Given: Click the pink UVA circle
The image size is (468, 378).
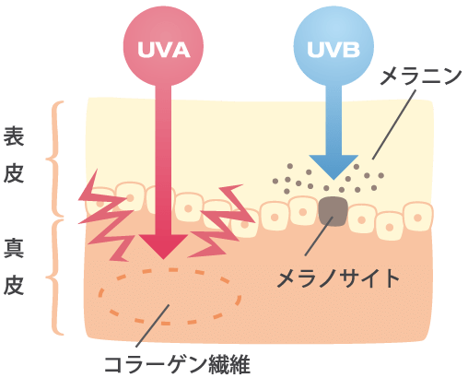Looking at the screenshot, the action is click(x=163, y=46).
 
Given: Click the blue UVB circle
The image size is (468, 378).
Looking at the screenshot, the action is click(x=333, y=46).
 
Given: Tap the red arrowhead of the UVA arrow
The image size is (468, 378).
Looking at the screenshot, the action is click(x=163, y=246).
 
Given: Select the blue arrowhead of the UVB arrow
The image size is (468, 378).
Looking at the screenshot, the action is click(x=333, y=167).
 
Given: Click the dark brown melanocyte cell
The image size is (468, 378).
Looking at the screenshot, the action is click(x=333, y=212).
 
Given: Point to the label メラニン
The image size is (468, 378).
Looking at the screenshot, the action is click(x=421, y=77).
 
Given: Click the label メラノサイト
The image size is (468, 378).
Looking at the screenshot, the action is click(x=338, y=278).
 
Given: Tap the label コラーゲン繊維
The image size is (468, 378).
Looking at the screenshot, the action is click(x=177, y=365).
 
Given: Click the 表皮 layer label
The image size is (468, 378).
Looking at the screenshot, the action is click(x=14, y=155).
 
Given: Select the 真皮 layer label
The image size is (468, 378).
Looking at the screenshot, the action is click(x=14, y=267).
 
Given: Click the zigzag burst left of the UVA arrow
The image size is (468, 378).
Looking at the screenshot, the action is click(x=106, y=215).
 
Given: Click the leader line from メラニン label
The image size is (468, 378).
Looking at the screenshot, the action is click(x=394, y=124).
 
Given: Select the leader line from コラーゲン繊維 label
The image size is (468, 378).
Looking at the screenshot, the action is click(x=153, y=325).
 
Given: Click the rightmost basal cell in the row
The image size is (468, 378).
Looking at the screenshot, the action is click(x=418, y=217).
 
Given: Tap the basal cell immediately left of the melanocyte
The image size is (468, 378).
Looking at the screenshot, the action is click(x=303, y=211).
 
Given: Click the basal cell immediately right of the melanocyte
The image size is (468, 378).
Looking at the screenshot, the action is click(x=361, y=219).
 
